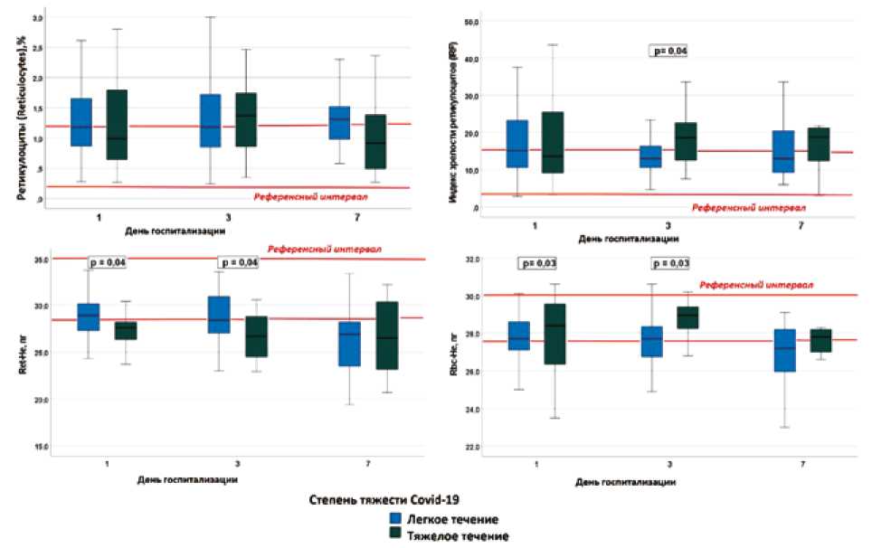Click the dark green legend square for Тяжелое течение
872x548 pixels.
pos(396,535)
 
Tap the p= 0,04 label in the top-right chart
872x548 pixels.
pos(668,51)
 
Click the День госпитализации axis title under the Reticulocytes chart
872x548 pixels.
pos(178,231)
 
